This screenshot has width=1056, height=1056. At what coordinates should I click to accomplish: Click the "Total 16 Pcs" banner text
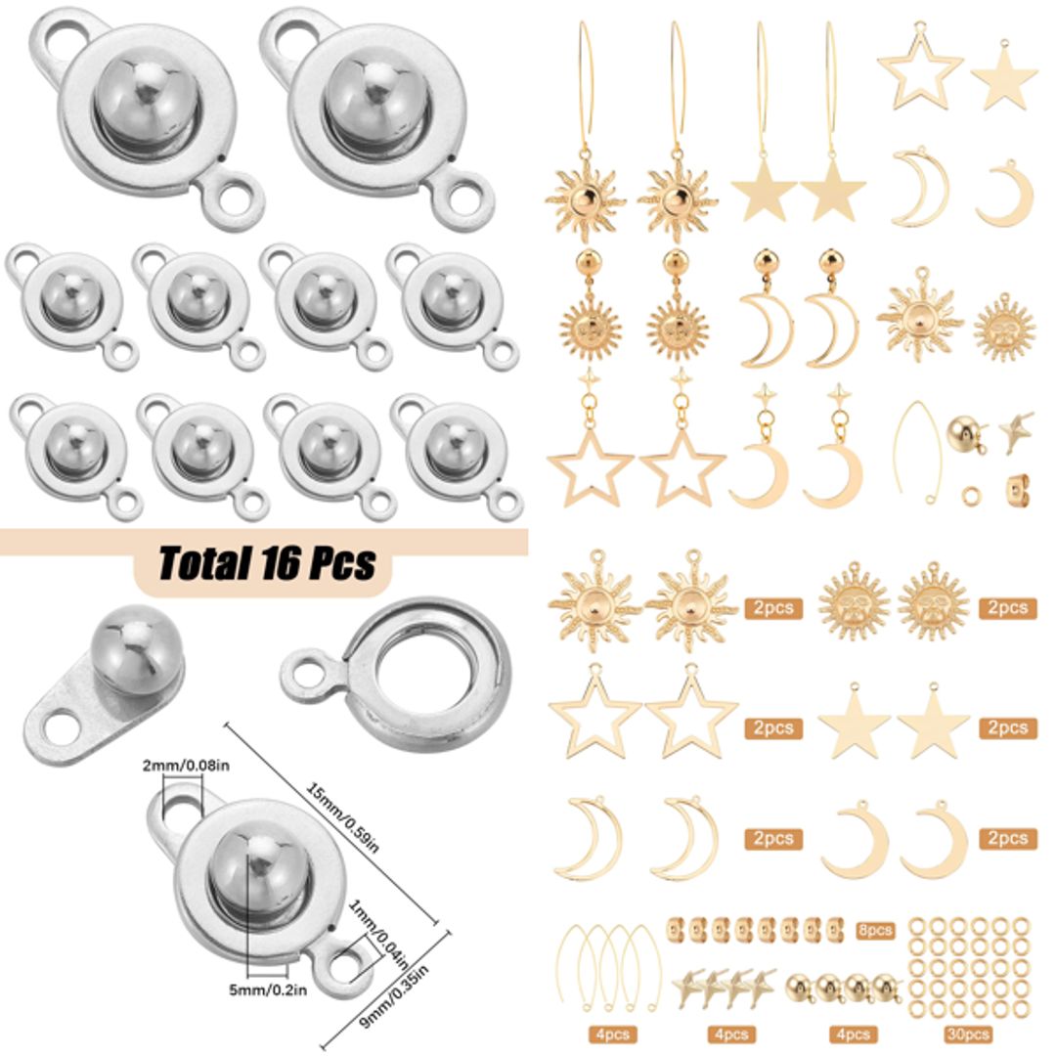[267, 563]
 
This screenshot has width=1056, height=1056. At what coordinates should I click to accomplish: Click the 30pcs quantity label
[967, 1034]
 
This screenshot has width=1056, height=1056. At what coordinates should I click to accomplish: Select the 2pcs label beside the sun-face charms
[1007, 608]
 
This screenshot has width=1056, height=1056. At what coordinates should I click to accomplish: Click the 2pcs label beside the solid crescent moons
[1007, 839]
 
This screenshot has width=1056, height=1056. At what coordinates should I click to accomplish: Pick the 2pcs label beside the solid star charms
[1007, 728]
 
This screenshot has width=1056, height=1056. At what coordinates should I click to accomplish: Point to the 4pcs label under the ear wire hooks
[611, 1034]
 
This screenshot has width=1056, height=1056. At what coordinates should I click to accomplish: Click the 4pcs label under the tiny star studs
[731, 1034]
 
